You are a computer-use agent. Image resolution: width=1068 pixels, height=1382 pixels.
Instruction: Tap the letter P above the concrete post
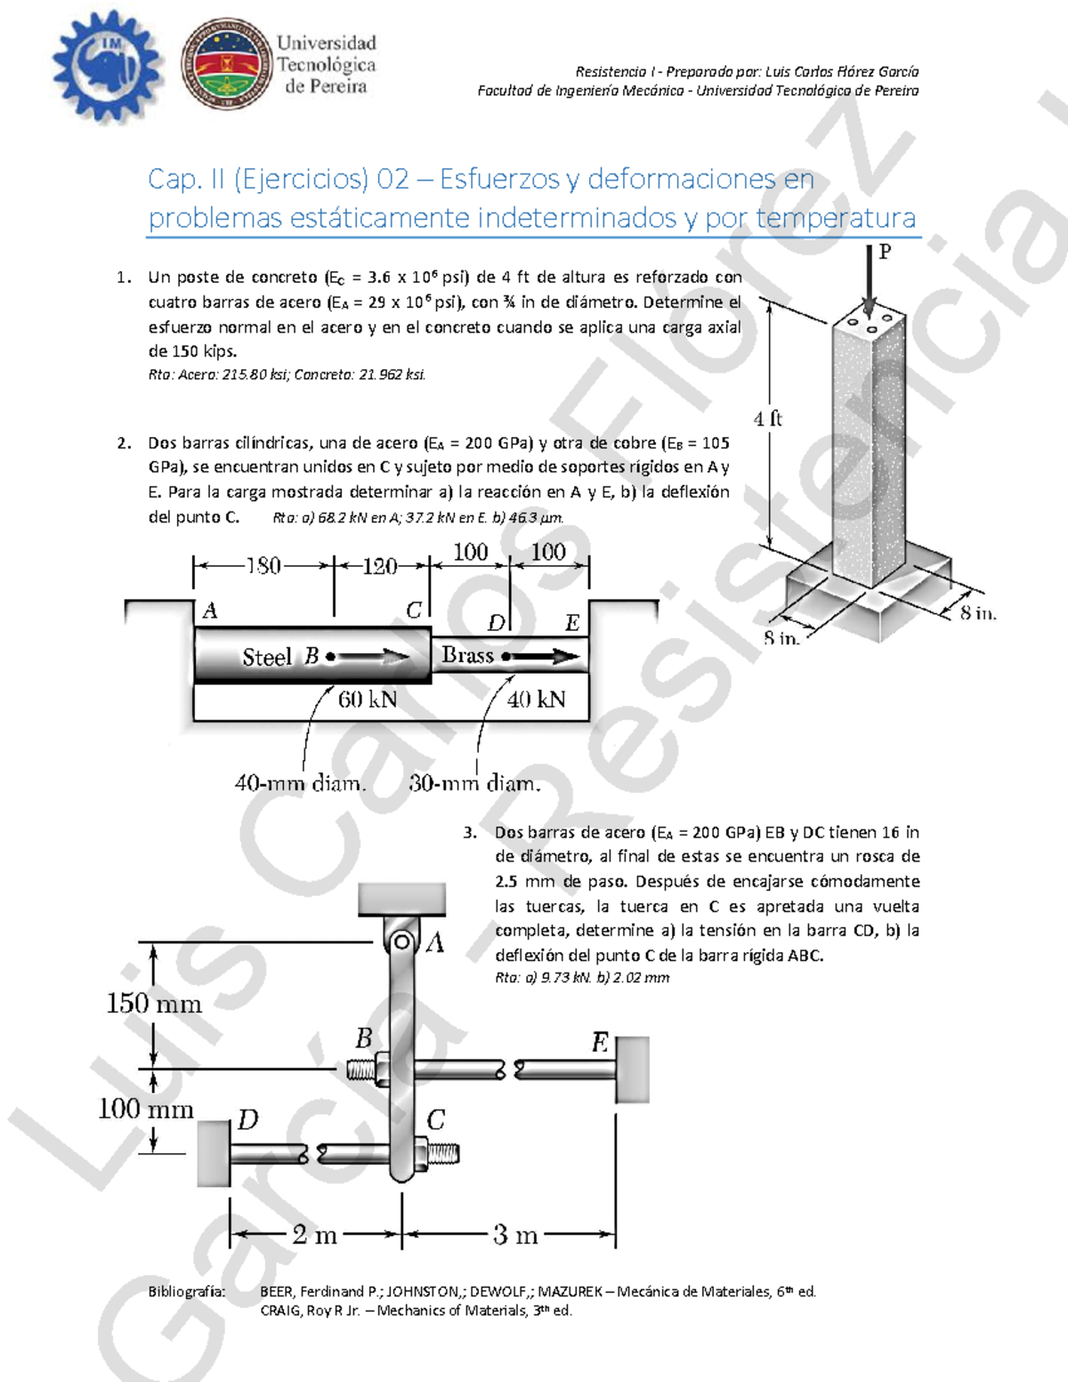pos(885,252)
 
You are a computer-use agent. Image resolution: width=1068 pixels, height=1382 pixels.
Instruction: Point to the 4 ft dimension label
pos(767,418)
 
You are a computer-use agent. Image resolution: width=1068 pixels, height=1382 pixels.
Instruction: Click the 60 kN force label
pos(368,699)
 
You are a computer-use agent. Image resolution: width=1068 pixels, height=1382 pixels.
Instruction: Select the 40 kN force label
pos(536,699)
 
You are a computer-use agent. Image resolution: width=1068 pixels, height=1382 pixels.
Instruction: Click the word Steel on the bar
pos(266,658)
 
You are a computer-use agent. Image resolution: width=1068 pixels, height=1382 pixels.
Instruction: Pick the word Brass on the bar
pos(467,656)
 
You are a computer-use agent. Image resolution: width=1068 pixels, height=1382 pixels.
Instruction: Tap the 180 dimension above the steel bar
pos(263,566)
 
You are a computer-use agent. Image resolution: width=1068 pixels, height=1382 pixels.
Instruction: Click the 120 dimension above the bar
pos(380,566)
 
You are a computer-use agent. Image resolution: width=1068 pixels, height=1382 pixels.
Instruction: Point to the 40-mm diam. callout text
pos(300,784)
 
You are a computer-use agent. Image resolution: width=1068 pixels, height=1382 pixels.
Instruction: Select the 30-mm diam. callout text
pos(474,784)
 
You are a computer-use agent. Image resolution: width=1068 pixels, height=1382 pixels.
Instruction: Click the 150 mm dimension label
pos(154,1004)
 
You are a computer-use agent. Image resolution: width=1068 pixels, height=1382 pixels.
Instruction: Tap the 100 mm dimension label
pos(145,1109)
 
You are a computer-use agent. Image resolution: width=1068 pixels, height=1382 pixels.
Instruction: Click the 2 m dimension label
pos(314,1235)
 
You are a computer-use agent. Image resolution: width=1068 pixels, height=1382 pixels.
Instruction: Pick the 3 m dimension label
pos(515,1235)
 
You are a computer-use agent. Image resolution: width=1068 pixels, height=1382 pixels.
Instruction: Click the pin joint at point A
pos(402,942)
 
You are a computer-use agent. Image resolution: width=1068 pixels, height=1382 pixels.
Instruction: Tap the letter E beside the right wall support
pos(601,1042)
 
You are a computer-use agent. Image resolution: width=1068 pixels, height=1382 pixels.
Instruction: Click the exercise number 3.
pos(469,833)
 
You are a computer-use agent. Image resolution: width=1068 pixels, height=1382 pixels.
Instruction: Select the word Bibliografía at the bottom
pos(187,1291)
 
